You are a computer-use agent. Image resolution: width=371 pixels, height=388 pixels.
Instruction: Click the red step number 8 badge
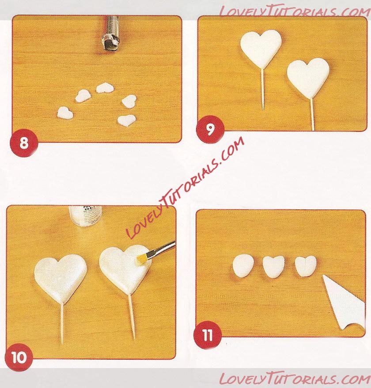(24, 143)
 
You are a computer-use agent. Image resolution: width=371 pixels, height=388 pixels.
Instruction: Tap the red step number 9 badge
(210, 129)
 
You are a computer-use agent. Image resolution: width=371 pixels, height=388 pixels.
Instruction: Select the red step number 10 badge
(19, 357)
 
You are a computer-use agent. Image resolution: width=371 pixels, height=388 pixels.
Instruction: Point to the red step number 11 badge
(208, 335)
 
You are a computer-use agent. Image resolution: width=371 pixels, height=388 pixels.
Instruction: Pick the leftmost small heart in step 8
(65, 113)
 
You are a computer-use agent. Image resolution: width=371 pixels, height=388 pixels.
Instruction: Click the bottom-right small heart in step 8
(127, 120)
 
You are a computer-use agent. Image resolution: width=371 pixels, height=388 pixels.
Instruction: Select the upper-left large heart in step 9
(261, 47)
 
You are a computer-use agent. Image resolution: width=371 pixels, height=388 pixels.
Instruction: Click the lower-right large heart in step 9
(308, 76)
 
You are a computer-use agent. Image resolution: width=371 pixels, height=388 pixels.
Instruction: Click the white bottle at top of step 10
(85, 215)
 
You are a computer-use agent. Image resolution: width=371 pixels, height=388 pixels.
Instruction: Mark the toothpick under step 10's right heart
(131, 316)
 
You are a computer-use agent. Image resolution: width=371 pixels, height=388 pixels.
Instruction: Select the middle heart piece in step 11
(273, 267)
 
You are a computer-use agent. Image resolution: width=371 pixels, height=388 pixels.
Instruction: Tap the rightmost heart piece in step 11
(306, 266)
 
